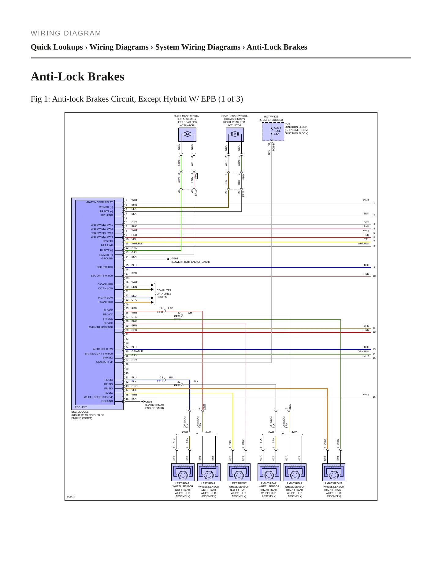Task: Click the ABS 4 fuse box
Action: tap(273, 132)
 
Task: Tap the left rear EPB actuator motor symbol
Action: tap(187, 134)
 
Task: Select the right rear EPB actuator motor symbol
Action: tap(235, 134)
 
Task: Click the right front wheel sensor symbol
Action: tap(334, 472)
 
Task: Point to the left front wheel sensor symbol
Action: tap(239, 472)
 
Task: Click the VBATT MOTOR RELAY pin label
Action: tap(99, 202)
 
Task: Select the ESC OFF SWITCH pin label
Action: tap(102, 276)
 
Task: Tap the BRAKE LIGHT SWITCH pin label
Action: tap(99, 354)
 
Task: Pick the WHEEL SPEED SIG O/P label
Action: tap(98, 397)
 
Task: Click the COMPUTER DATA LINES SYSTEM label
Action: tap(164, 294)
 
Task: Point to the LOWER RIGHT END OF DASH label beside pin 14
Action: tap(190, 262)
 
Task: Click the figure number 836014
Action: tap(71, 497)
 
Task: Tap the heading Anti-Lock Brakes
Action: tap(77, 76)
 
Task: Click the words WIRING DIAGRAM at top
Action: tap(66, 33)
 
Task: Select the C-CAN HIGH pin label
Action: tap(105, 284)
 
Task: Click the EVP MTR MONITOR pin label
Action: tap(101, 327)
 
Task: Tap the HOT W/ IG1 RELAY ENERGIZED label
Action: tap(271, 118)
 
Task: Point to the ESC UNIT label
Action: tap(81, 407)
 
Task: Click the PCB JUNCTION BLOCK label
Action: tap(296, 128)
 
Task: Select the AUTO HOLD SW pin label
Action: tap(103, 349)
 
